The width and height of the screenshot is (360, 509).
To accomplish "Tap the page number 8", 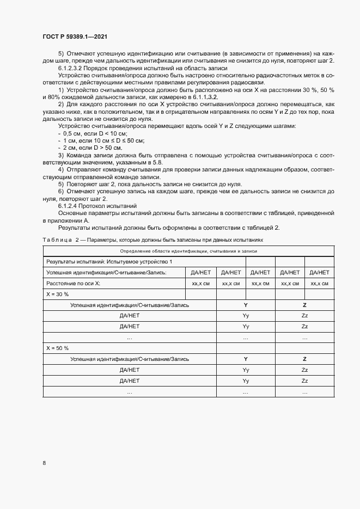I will [44, 463].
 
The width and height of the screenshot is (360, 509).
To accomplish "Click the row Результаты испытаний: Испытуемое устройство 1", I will [109, 262].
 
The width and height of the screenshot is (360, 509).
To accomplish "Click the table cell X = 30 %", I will [57, 294].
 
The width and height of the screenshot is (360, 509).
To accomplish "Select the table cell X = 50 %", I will [57, 348].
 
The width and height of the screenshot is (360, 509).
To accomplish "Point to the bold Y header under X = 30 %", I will [246, 305].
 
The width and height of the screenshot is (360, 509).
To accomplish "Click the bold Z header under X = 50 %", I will [304, 359].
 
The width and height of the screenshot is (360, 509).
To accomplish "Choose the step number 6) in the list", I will [61, 191].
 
